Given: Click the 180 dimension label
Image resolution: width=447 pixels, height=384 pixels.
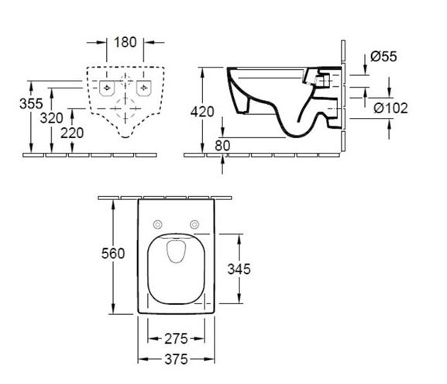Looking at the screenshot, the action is click(x=126, y=42).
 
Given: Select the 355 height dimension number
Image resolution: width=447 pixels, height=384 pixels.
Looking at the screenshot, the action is click(x=31, y=103).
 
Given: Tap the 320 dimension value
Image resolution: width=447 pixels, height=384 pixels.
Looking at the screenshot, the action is click(x=52, y=118).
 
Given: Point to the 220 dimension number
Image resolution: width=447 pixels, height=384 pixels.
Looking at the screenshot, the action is click(x=72, y=133).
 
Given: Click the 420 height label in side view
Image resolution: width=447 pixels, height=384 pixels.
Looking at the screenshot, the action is click(x=202, y=112).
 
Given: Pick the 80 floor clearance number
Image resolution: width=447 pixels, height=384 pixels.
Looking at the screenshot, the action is click(x=222, y=146).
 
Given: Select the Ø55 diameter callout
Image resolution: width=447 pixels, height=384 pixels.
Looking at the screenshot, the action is click(x=383, y=57).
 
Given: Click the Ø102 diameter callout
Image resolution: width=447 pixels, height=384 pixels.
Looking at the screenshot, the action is click(x=390, y=108).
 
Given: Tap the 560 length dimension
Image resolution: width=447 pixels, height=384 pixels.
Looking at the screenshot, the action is click(x=113, y=254).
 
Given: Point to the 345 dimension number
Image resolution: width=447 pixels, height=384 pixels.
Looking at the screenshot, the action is click(x=239, y=269).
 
